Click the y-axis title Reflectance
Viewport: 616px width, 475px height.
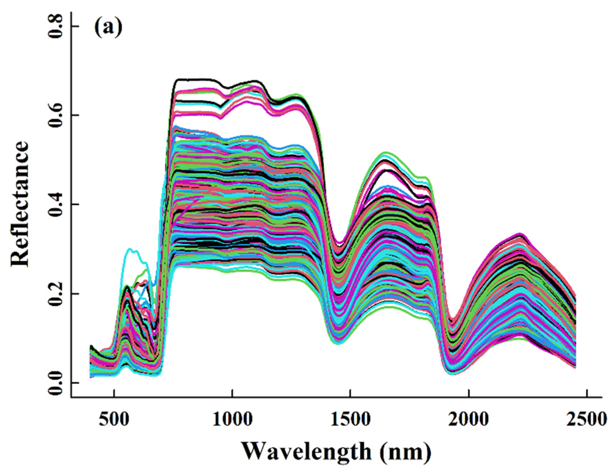[x=21, y=204]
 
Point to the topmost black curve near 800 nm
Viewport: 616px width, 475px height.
[x=194, y=79]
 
